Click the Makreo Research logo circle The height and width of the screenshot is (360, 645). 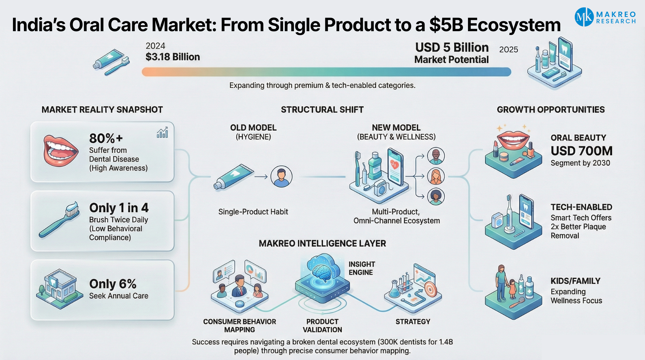click(x=584, y=17)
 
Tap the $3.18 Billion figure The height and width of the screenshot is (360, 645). click(x=173, y=57)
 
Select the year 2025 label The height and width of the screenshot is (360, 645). click(x=509, y=49)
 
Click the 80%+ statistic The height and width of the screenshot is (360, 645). click(x=106, y=138)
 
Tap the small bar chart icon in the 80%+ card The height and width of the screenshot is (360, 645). click(x=163, y=133)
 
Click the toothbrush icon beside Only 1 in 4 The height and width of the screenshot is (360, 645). click(x=59, y=219)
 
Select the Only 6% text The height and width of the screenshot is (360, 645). click(x=113, y=284)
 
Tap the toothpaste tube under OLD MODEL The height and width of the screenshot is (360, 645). click(x=233, y=176)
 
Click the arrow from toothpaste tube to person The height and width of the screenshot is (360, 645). click(x=261, y=177)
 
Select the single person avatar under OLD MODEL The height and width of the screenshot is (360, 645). click(x=281, y=177)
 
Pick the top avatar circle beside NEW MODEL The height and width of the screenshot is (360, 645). click(x=436, y=156)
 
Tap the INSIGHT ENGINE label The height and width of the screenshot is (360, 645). click(x=362, y=268)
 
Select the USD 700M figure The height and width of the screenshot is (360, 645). click(x=581, y=151)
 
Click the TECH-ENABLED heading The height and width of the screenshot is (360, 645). click(x=581, y=207)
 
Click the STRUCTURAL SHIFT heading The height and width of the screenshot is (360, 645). click(x=322, y=110)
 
